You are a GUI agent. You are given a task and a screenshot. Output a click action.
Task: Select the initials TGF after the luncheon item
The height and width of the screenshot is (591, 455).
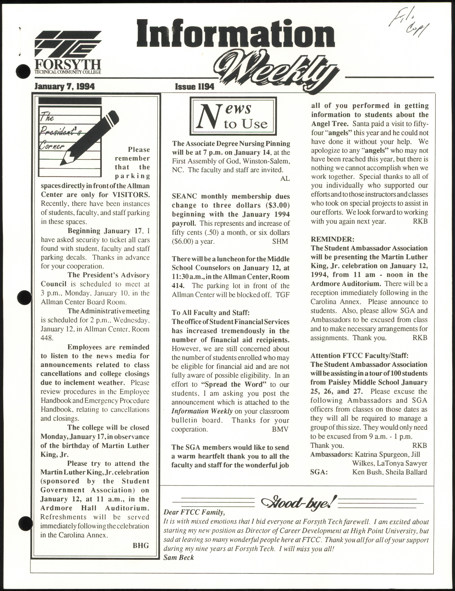283,295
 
